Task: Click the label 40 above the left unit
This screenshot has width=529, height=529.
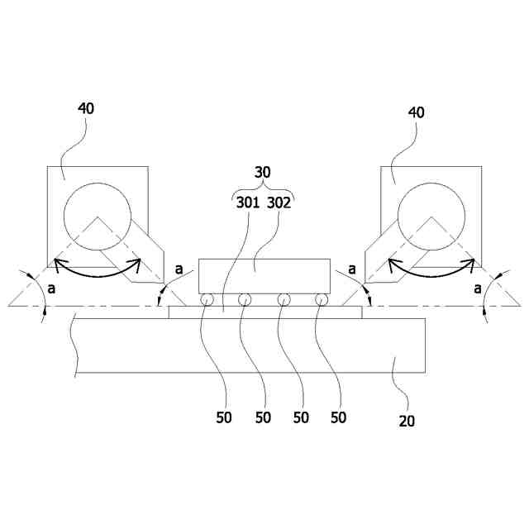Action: (x=86, y=108)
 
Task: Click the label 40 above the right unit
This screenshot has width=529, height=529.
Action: (x=417, y=112)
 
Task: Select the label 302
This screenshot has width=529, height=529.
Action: (x=278, y=203)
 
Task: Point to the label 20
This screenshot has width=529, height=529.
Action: (x=407, y=420)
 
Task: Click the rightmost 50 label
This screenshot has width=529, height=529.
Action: (x=338, y=417)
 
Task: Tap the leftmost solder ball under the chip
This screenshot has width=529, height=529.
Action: (x=206, y=299)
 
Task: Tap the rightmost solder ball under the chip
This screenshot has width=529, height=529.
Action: (x=323, y=299)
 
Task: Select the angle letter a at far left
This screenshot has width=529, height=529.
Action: (x=52, y=288)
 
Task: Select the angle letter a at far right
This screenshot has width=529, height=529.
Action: (x=478, y=288)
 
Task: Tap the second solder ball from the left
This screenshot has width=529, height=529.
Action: (x=245, y=299)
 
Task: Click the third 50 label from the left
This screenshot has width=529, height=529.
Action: (x=301, y=417)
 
